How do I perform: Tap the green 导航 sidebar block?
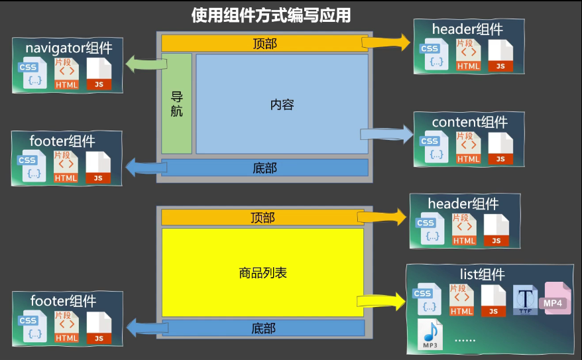coord(176,103)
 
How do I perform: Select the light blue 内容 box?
coord(282,104)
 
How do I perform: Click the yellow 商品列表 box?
coord(262,272)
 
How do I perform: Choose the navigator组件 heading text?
coord(69,48)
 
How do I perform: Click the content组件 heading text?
coord(469,122)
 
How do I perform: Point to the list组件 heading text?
coord(482,274)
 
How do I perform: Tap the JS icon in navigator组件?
coord(99,74)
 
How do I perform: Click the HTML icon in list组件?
coord(461,300)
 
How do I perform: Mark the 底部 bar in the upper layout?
coord(264,168)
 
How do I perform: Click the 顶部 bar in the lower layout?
coord(262,217)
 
